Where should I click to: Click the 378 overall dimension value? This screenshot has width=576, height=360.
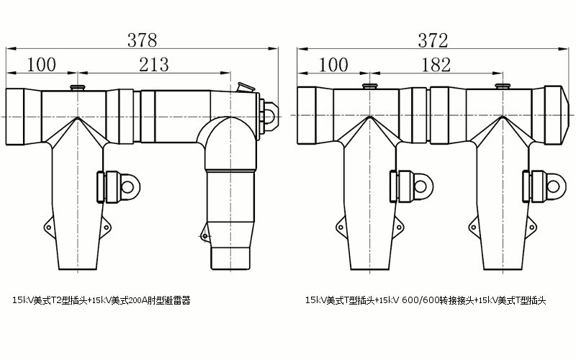click(x=142, y=40)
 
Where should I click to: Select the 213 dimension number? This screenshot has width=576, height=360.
click(x=154, y=65)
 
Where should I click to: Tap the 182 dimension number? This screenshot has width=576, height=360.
click(x=436, y=65)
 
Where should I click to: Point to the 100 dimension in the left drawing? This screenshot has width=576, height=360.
click(x=41, y=65)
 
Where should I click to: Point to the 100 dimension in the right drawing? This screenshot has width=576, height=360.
click(x=332, y=65)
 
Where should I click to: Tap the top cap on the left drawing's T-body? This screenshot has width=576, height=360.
click(x=76, y=88)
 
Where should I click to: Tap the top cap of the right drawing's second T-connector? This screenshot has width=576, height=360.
click(x=503, y=86)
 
